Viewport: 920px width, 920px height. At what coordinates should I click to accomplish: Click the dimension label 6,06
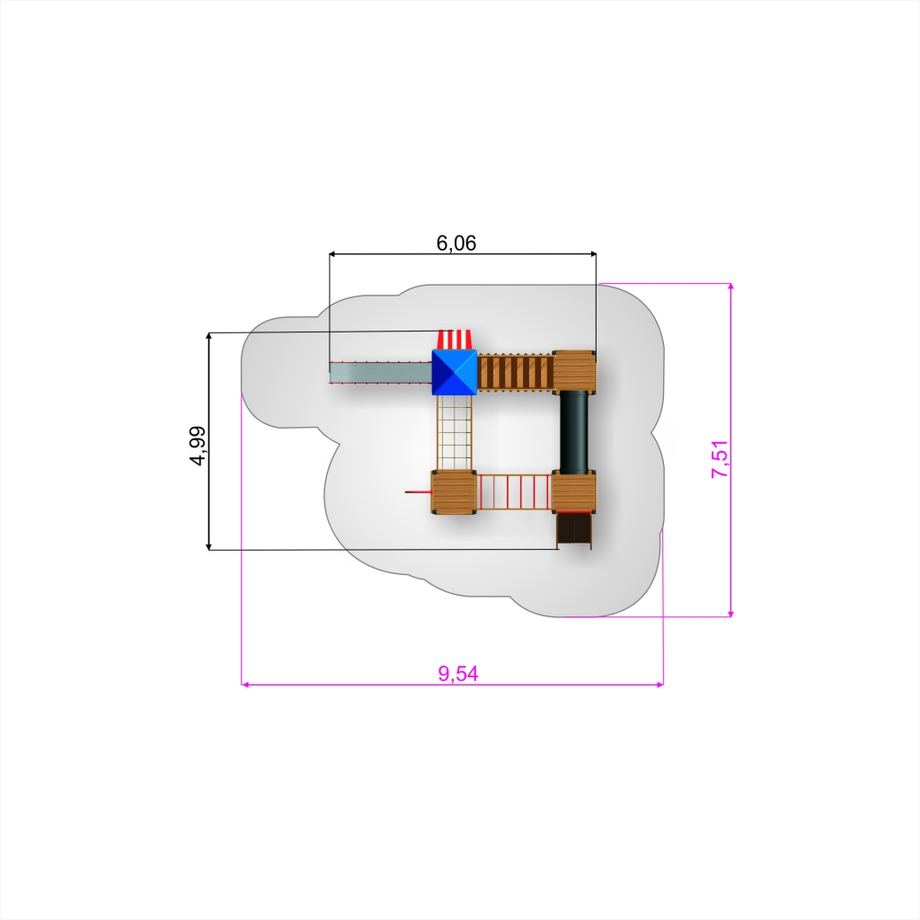click(x=456, y=243)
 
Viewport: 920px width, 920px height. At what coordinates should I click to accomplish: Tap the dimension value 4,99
click(x=199, y=446)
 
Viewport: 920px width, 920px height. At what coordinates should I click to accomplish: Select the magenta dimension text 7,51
click(x=720, y=459)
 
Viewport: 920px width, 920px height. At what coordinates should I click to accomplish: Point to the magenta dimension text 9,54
click(x=458, y=674)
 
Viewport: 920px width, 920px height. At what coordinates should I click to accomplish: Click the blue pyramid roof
click(x=454, y=373)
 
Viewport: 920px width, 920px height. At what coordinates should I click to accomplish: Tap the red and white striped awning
click(x=455, y=340)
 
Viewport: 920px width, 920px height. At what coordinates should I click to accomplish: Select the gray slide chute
click(x=380, y=373)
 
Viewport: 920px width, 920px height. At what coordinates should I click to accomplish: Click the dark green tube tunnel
click(x=574, y=431)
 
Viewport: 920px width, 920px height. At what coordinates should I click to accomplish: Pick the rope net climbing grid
click(x=455, y=433)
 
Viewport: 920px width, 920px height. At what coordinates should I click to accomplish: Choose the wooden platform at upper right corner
click(x=574, y=370)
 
